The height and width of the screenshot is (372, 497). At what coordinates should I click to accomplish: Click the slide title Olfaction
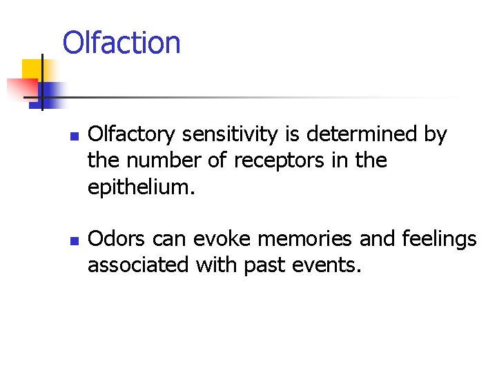121,43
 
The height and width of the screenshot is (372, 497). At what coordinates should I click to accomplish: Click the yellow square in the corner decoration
32,70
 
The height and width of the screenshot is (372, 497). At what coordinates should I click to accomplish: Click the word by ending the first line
435,135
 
